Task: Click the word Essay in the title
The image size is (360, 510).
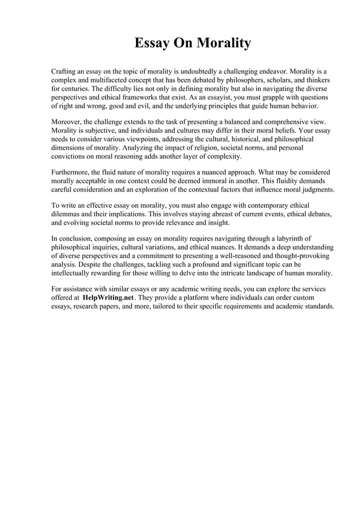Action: (x=152, y=43)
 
